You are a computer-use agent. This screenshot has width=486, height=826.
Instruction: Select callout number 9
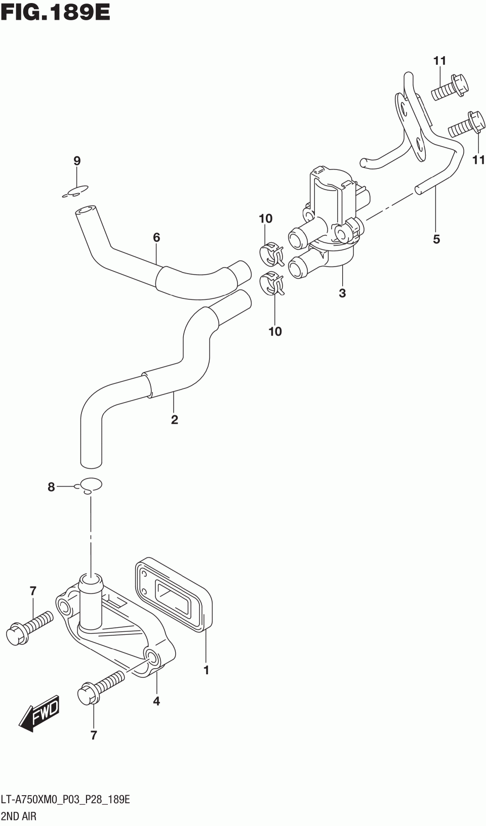coord(77,161)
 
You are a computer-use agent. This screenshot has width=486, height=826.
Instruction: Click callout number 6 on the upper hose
coord(156,237)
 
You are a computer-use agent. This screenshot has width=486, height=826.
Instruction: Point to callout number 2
coord(175,419)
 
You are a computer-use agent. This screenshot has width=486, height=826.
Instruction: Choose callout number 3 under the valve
coord(342,292)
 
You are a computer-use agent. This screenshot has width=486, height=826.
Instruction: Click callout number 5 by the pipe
coord(436,239)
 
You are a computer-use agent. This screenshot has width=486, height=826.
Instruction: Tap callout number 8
coord(51,487)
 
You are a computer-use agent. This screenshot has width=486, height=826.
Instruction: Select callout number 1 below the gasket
coord(207,670)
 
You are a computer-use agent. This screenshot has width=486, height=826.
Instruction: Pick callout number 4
coord(156,701)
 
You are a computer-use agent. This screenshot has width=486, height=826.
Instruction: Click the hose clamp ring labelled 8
coord(90,484)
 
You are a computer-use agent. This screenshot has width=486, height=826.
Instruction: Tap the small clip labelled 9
coord(75,191)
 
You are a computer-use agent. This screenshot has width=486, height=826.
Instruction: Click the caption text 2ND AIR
coord(19,816)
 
